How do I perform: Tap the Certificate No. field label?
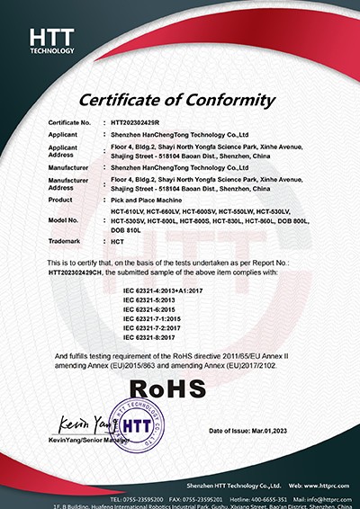[69, 121]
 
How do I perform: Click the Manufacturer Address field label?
[68, 183]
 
